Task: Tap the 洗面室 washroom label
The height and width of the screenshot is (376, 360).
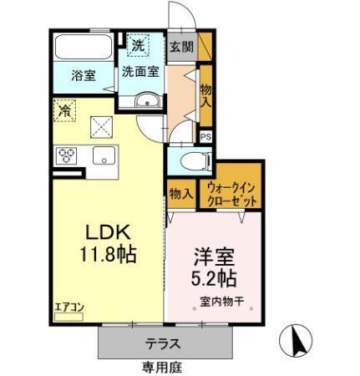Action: coord(140,72)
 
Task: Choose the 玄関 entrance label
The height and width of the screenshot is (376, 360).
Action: coord(180,47)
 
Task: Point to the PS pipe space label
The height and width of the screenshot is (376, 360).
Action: coord(205,136)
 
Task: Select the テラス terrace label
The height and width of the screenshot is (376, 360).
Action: coord(165,343)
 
